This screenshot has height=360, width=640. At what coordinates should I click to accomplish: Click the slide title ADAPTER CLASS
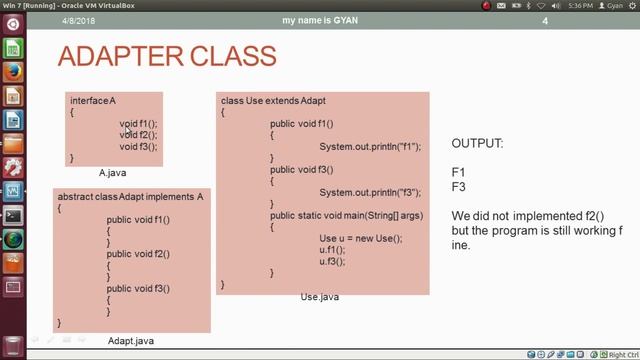[166, 55]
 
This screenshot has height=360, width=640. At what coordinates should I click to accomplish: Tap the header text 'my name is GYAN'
[320, 21]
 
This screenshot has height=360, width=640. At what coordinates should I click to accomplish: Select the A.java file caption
[112, 173]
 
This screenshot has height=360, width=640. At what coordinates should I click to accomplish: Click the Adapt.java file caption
[131, 341]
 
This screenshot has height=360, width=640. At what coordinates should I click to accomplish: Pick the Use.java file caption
[320, 297]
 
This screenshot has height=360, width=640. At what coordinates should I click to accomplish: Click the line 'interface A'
[93, 101]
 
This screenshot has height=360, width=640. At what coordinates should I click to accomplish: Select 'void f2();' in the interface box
[138, 135]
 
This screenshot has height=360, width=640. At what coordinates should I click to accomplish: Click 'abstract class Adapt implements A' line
[130, 197]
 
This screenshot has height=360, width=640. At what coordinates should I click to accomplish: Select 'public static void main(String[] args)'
[346, 216]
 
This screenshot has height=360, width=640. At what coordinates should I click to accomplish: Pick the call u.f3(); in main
[332, 262]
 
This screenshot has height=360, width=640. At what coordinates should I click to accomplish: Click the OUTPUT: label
[477, 144]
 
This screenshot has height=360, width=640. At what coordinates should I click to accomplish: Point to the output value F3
[459, 187]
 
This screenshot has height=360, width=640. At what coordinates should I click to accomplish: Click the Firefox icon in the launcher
[13, 72]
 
